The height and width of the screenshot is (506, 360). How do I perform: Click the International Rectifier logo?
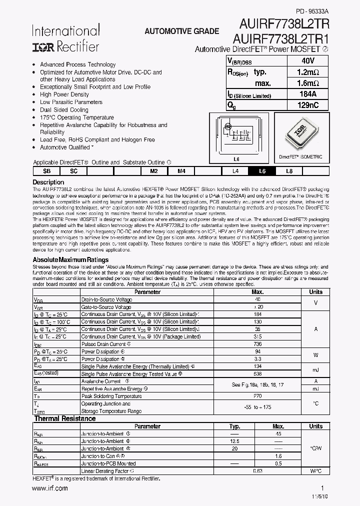[66, 39]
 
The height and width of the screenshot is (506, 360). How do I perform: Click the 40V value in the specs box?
[307, 60]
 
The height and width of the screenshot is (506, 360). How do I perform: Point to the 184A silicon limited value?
[307, 94]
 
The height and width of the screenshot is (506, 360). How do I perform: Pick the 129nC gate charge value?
[307, 105]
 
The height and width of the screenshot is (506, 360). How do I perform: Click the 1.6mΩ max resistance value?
[307, 83]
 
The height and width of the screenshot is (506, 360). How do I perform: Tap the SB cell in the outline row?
[46, 171]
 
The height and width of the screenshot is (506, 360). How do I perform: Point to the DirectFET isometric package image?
[304, 134]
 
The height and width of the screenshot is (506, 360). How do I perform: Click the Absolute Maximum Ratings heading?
[70, 259]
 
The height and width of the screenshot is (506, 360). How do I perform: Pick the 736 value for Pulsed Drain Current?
[257, 344]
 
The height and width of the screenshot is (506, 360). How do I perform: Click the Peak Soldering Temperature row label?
[111, 396]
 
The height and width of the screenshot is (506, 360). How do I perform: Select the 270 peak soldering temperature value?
[257, 396]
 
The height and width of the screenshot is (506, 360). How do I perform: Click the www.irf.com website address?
[50, 488]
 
